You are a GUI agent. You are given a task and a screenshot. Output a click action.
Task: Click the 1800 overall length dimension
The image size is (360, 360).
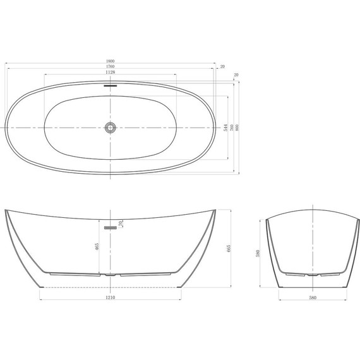[x=111, y=61]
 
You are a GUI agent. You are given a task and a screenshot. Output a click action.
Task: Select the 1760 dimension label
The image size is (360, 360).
[x=111, y=67]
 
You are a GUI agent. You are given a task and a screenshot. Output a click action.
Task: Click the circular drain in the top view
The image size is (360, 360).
[x=111, y=128]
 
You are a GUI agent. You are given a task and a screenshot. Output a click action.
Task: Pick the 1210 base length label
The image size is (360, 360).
[x=111, y=295]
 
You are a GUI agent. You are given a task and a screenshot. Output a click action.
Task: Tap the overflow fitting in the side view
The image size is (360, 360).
[x=110, y=225]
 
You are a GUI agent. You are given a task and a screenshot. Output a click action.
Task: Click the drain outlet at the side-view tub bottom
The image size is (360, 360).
[x=111, y=275]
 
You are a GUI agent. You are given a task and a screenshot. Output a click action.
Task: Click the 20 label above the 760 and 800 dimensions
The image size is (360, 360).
[x=236, y=75]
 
